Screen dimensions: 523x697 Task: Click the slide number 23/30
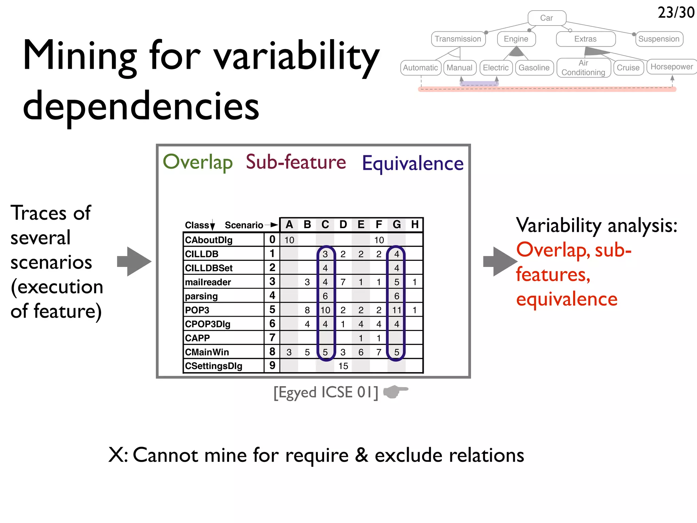tap(676, 13)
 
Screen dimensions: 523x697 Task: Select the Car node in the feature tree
tap(547, 18)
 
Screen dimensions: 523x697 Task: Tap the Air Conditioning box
tap(583, 68)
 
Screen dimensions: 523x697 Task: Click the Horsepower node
tap(671, 67)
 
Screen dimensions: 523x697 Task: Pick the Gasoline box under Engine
tap(534, 68)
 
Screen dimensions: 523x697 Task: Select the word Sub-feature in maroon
tap(296, 162)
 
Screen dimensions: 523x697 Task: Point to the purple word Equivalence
tap(412, 163)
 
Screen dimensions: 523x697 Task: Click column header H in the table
tap(415, 224)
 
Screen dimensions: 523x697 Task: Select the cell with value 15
tap(343, 366)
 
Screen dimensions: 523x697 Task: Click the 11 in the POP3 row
tap(396, 310)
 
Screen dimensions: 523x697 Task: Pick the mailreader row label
tap(208, 282)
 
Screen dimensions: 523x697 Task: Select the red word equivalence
tap(567, 299)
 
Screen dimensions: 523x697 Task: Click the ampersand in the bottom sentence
tap(362, 455)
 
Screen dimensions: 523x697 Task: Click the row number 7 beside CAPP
tap(272, 337)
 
